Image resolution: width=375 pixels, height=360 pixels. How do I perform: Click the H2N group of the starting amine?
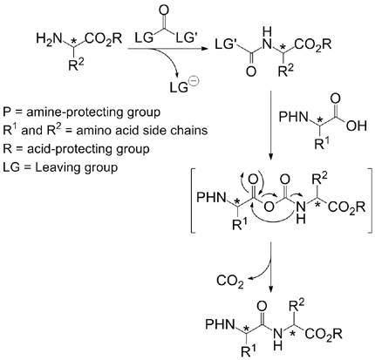(50, 38)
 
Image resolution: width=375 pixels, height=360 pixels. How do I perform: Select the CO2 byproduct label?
(230, 282)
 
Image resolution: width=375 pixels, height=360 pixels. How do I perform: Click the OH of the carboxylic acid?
(357, 126)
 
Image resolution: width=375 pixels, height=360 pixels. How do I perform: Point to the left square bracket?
(194, 200)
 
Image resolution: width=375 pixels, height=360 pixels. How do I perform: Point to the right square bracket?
(369, 200)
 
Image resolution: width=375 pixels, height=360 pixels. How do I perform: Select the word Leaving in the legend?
(56, 167)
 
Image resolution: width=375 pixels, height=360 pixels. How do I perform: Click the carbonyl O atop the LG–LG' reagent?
(164, 10)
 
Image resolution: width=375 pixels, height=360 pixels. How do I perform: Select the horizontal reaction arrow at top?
(168, 49)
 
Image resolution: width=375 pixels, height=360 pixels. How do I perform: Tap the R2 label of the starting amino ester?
(76, 65)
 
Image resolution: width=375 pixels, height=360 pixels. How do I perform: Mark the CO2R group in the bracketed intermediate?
(347, 208)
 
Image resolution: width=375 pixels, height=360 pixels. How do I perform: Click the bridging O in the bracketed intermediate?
(269, 207)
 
